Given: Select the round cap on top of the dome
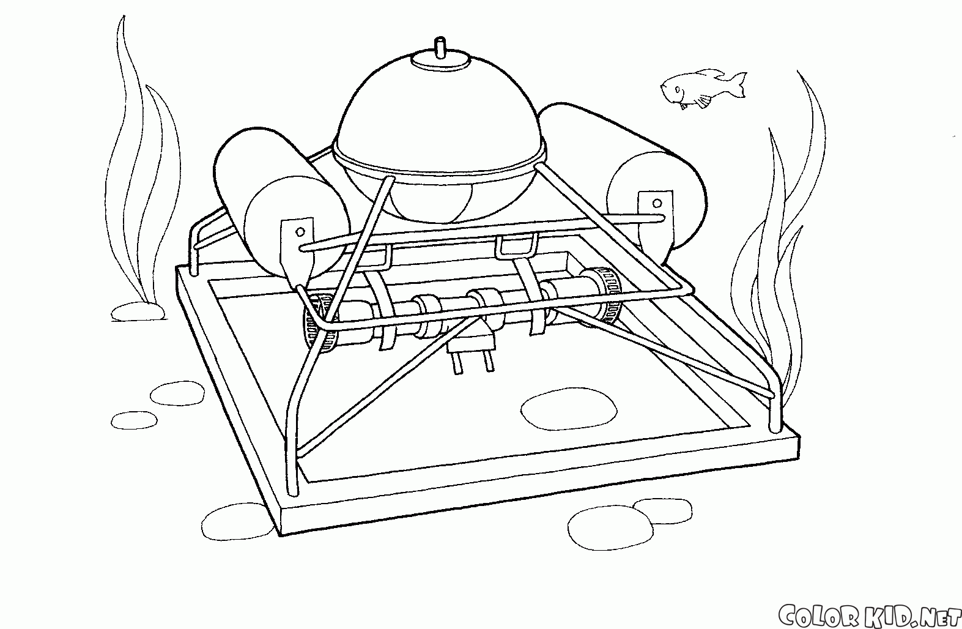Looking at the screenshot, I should point(440,59).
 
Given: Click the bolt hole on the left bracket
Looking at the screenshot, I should point(300,232).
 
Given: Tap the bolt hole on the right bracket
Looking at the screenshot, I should point(657,203).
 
